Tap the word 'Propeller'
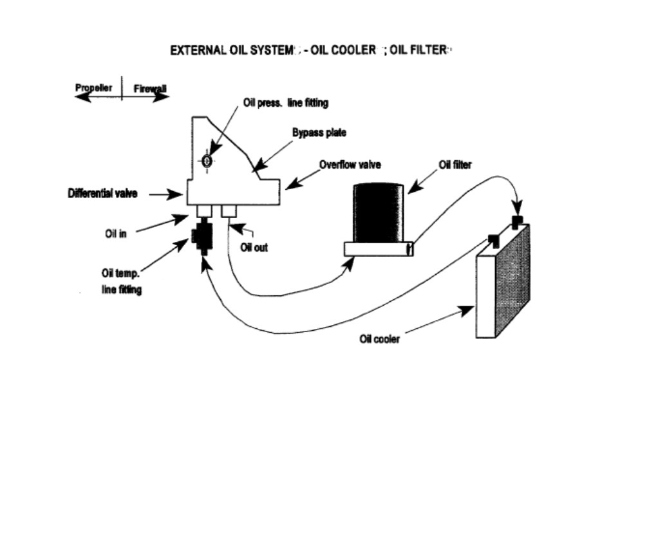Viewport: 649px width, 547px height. pyautogui.click(x=93, y=88)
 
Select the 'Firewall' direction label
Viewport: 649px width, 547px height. pyautogui.click(x=150, y=89)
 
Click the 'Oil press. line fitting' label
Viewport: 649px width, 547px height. pyautogui.click(x=286, y=102)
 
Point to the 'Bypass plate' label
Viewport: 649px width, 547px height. pyautogui.click(x=319, y=133)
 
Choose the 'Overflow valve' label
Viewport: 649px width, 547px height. pyautogui.click(x=350, y=164)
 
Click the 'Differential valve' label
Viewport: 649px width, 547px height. pyautogui.click(x=102, y=193)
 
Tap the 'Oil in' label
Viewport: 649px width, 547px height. pyautogui.click(x=115, y=234)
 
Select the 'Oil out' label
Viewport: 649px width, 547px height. pyautogui.click(x=254, y=247)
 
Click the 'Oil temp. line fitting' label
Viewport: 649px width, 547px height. pyautogui.click(x=121, y=281)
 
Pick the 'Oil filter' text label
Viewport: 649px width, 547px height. pyautogui.click(x=455, y=165)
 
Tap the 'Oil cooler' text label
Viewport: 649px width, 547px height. pyautogui.click(x=380, y=339)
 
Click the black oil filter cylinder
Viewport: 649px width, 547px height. pyautogui.click(x=379, y=212)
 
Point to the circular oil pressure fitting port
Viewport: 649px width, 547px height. pyautogui.click(x=207, y=160)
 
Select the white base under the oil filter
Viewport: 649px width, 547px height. pyautogui.click(x=379, y=249)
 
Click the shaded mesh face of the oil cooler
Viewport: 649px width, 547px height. pyautogui.click(x=513, y=281)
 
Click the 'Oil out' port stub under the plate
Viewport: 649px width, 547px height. pyautogui.click(x=229, y=211)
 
